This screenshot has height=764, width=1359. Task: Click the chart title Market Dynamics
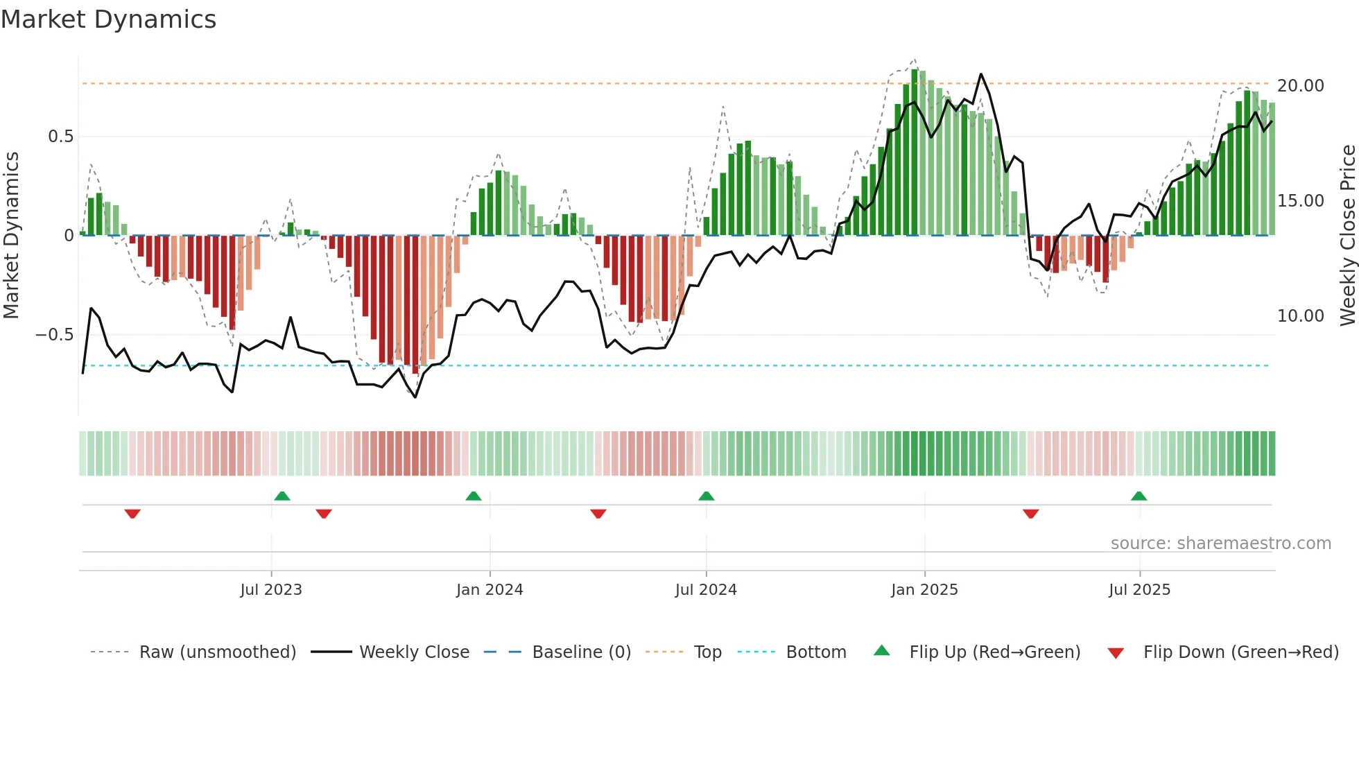coord(108,19)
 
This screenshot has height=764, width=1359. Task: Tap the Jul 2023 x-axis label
coord(271,590)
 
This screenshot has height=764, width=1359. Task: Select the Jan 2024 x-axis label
coord(490,590)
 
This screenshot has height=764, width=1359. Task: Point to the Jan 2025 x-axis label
coord(924,590)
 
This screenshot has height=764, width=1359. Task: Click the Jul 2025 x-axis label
coord(1139,590)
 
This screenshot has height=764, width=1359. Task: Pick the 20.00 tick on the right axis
coord(1300,86)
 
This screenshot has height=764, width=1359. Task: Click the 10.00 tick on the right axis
coord(1300,316)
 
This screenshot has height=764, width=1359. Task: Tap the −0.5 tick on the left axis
coord(54,335)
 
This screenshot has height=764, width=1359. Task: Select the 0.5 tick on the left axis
coord(60,137)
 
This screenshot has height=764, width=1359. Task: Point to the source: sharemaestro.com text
coord(1220,544)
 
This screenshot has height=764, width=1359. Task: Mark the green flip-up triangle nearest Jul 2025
coord(1139,496)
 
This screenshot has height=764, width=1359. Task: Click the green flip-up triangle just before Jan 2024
coord(474,496)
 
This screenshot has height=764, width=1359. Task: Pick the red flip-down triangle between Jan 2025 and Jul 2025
coord(1030,514)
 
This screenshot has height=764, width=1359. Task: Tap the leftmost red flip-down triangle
coord(132,514)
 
